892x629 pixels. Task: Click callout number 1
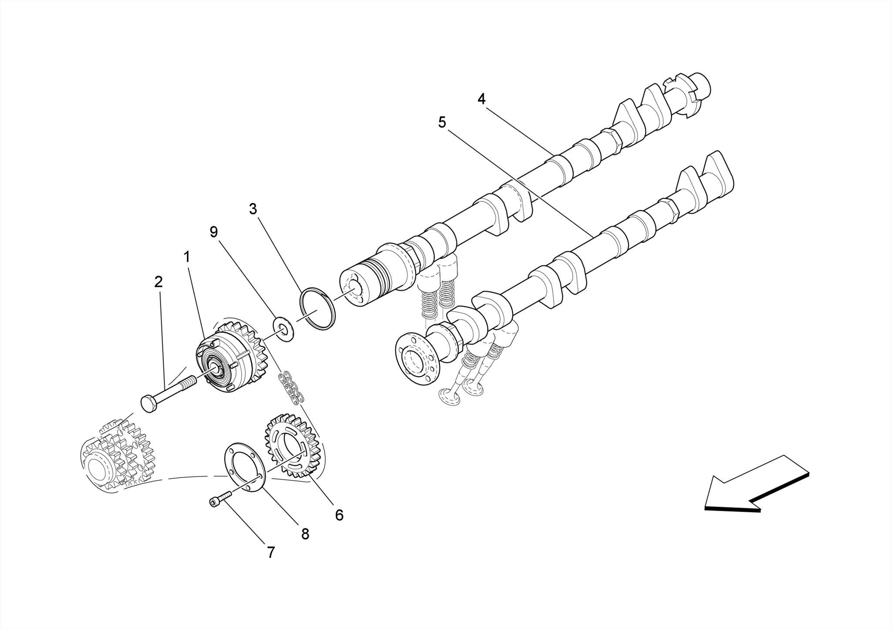click(x=187, y=257)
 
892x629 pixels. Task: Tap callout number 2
click(x=159, y=282)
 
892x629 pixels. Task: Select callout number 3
click(x=253, y=209)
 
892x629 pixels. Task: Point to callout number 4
click(x=481, y=99)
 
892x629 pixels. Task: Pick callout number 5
click(x=442, y=123)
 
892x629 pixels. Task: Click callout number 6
click(x=339, y=515)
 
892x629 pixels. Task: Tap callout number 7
click(x=271, y=553)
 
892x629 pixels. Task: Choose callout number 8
click(x=305, y=534)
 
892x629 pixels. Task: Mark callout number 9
click(x=213, y=232)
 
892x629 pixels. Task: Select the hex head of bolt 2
click(x=149, y=403)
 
